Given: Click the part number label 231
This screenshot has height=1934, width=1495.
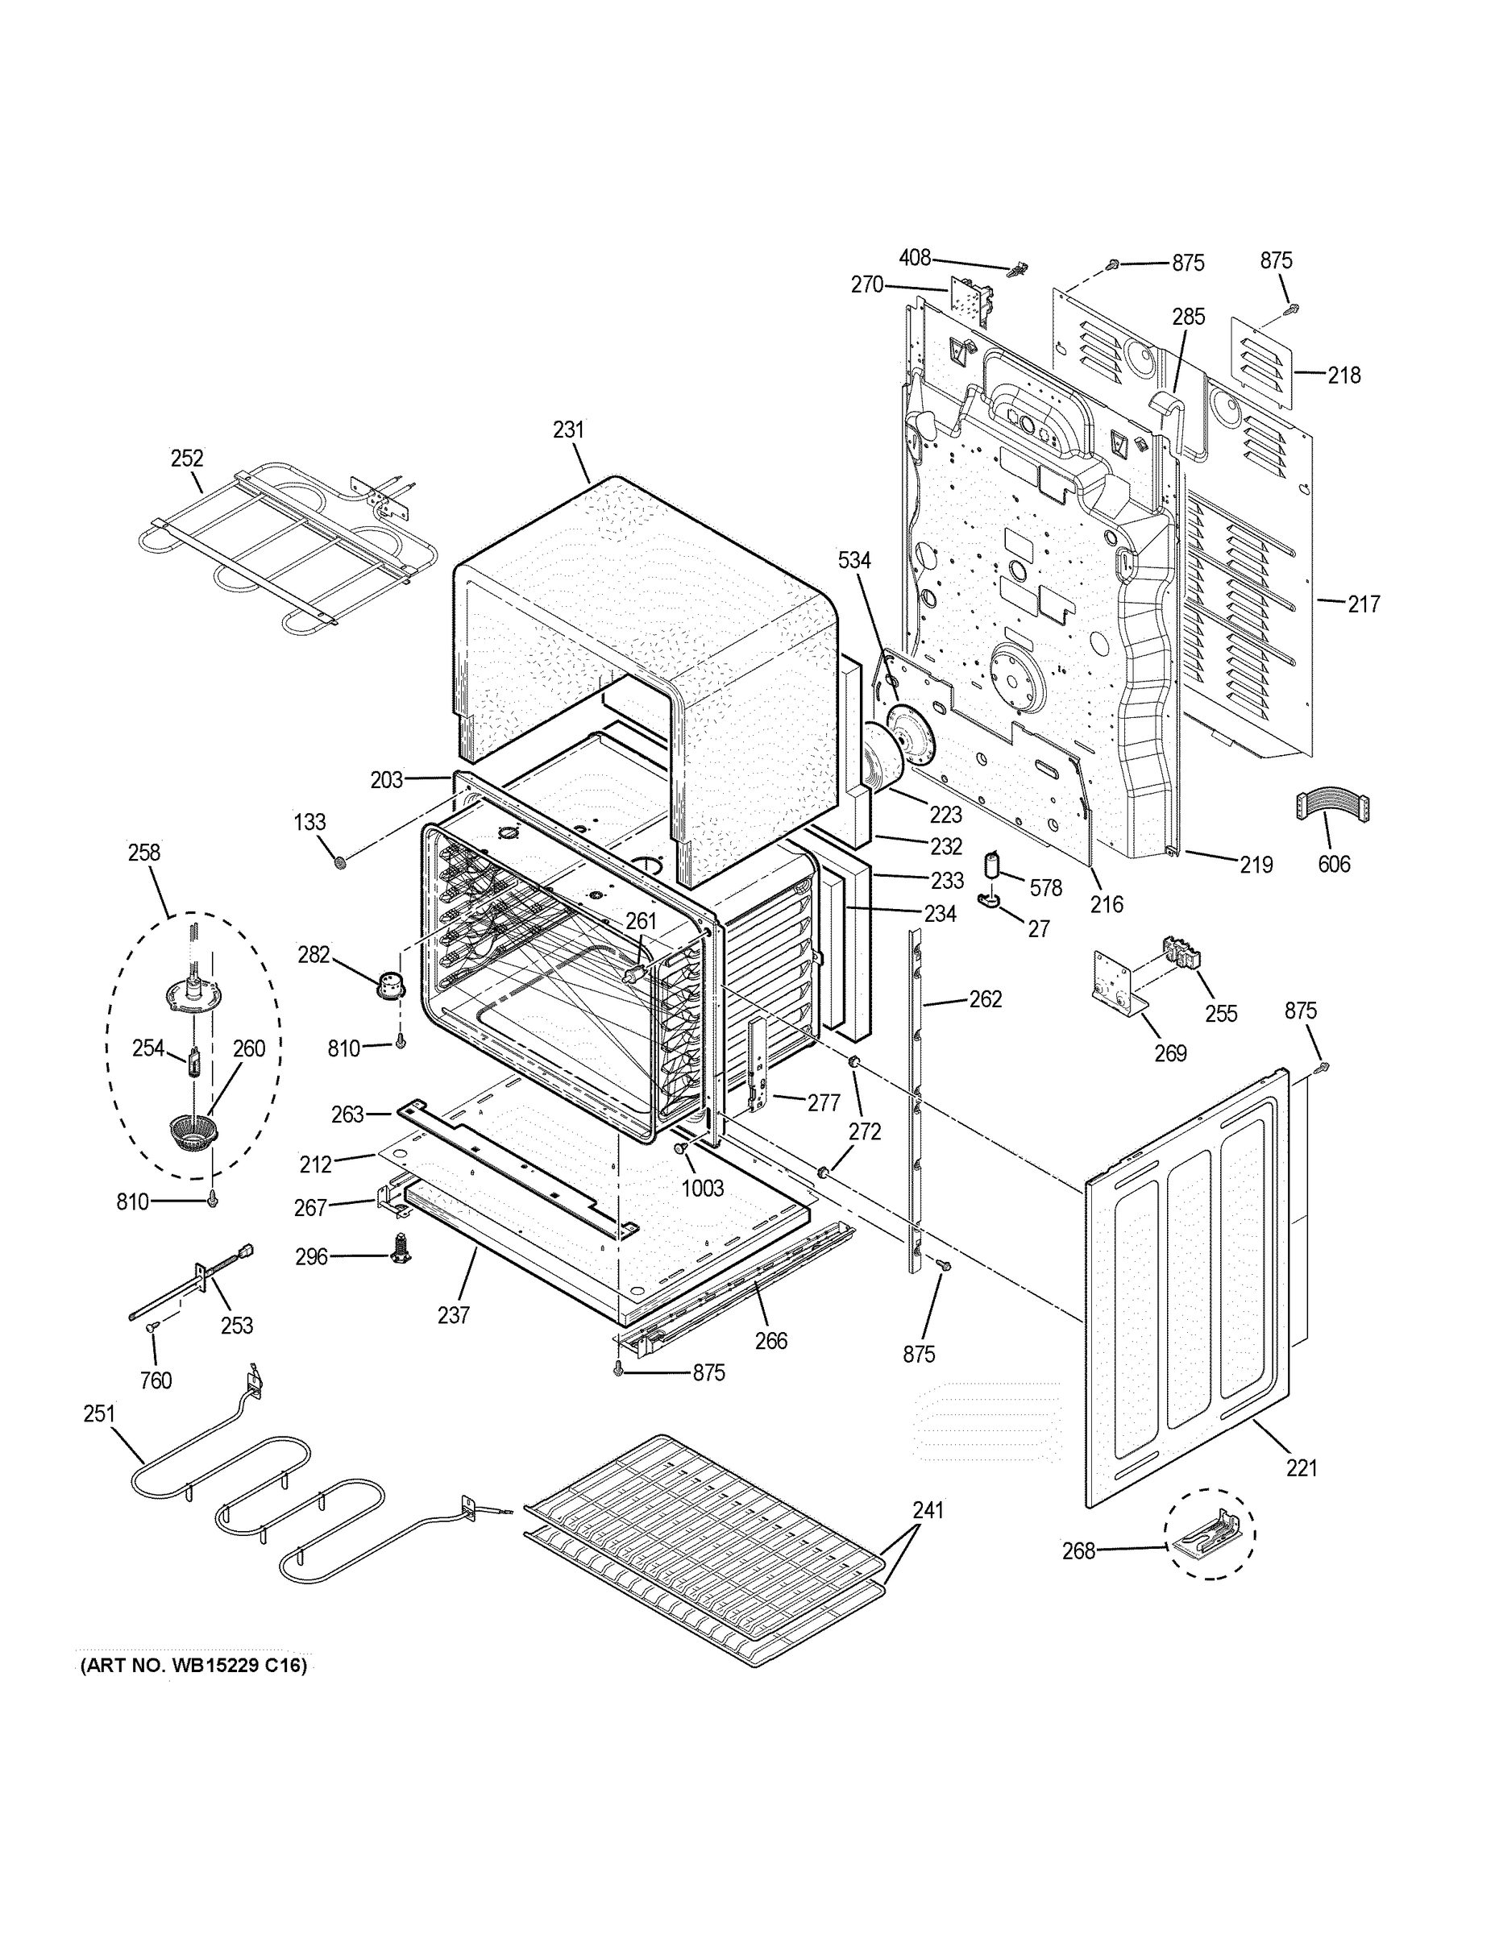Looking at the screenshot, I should coord(569,430).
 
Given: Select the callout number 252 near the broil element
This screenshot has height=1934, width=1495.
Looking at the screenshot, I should coord(187,458).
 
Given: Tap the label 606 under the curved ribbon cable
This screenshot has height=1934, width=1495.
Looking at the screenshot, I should coord(1334,865).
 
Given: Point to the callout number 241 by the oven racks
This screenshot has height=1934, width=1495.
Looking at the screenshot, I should coord(928,1510).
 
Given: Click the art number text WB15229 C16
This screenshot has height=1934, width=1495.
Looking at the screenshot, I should coord(194,1666).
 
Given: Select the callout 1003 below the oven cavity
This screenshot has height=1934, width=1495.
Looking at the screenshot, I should coord(702,1188).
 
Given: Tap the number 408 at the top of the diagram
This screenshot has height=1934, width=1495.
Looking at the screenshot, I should coord(915,258).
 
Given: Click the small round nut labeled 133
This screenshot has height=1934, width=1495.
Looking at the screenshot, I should coord(338,861).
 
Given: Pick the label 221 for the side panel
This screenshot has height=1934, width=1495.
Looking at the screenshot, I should coord(1302,1468).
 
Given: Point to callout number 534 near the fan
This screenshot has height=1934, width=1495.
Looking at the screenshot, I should coord(854,560).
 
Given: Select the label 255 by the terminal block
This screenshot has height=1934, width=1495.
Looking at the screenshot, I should coord(1220,1014).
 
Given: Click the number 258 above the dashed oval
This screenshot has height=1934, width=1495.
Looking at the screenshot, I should coord(144,852).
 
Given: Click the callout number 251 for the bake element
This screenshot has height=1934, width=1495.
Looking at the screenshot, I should coord(99,1413).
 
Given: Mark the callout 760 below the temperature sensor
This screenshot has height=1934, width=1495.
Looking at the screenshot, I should coord(156,1380).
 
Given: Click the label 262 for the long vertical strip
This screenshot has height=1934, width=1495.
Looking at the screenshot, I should coord(986,999).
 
